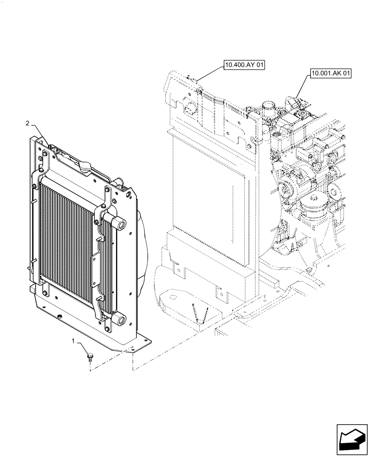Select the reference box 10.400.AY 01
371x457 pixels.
click(244, 66)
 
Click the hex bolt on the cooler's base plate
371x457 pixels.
click(59, 317)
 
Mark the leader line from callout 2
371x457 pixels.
click(39, 134)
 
